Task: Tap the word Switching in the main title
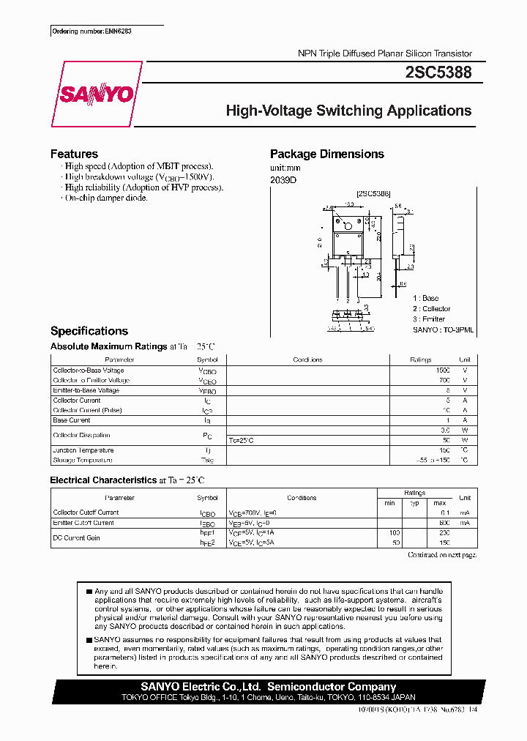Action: [349, 111]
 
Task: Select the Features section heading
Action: [74, 154]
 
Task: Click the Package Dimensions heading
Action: [326, 154]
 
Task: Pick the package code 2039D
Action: [283, 179]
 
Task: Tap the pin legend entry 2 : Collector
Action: [431, 309]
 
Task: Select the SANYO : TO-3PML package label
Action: [443, 330]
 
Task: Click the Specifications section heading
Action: [89, 331]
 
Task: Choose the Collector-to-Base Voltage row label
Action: [88, 370]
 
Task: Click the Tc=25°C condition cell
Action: [242, 440]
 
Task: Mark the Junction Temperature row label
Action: [83, 450]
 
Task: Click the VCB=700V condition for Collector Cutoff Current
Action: [249, 513]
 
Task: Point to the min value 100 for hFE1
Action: [396, 533]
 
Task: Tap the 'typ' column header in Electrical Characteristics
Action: [415, 504]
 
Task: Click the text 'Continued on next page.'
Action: [441, 555]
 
